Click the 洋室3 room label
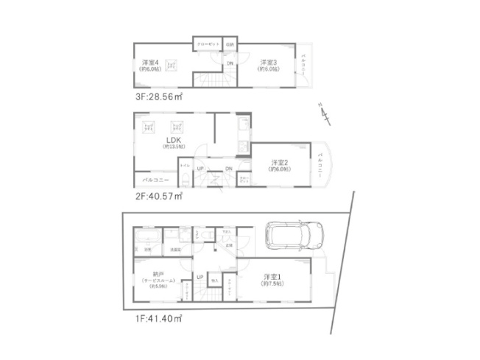click(x=267, y=63)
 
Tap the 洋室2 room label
click(x=279, y=162)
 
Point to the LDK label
click(x=174, y=140)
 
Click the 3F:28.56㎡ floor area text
click(x=158, y=96)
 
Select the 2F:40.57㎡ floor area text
click(x=158, y=197)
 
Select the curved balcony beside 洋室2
click(x=323, y=162)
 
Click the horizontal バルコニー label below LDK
click(x=155, y=180)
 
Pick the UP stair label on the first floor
click(x=200, y=277)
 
